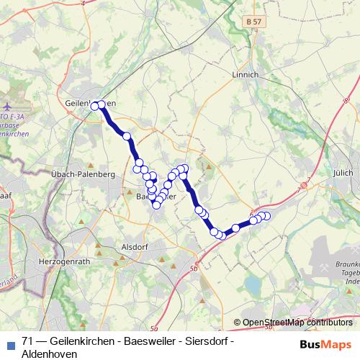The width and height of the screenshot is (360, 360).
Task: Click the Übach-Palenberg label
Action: pyautogui.click(x=84, y=174)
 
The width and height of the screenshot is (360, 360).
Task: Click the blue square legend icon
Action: pyautogui.click(x=9, y=342)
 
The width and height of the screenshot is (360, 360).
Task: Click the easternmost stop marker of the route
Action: pyautogui.click(x=266, y=216)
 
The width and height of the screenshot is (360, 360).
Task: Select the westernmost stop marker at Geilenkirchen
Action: pyautogui.click(x=94, y=105)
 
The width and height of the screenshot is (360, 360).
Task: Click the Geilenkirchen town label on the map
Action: pyautogui.click(x=90, y=103)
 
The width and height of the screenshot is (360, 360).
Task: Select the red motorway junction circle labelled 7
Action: pyautogui.click(x=304, y=185)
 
